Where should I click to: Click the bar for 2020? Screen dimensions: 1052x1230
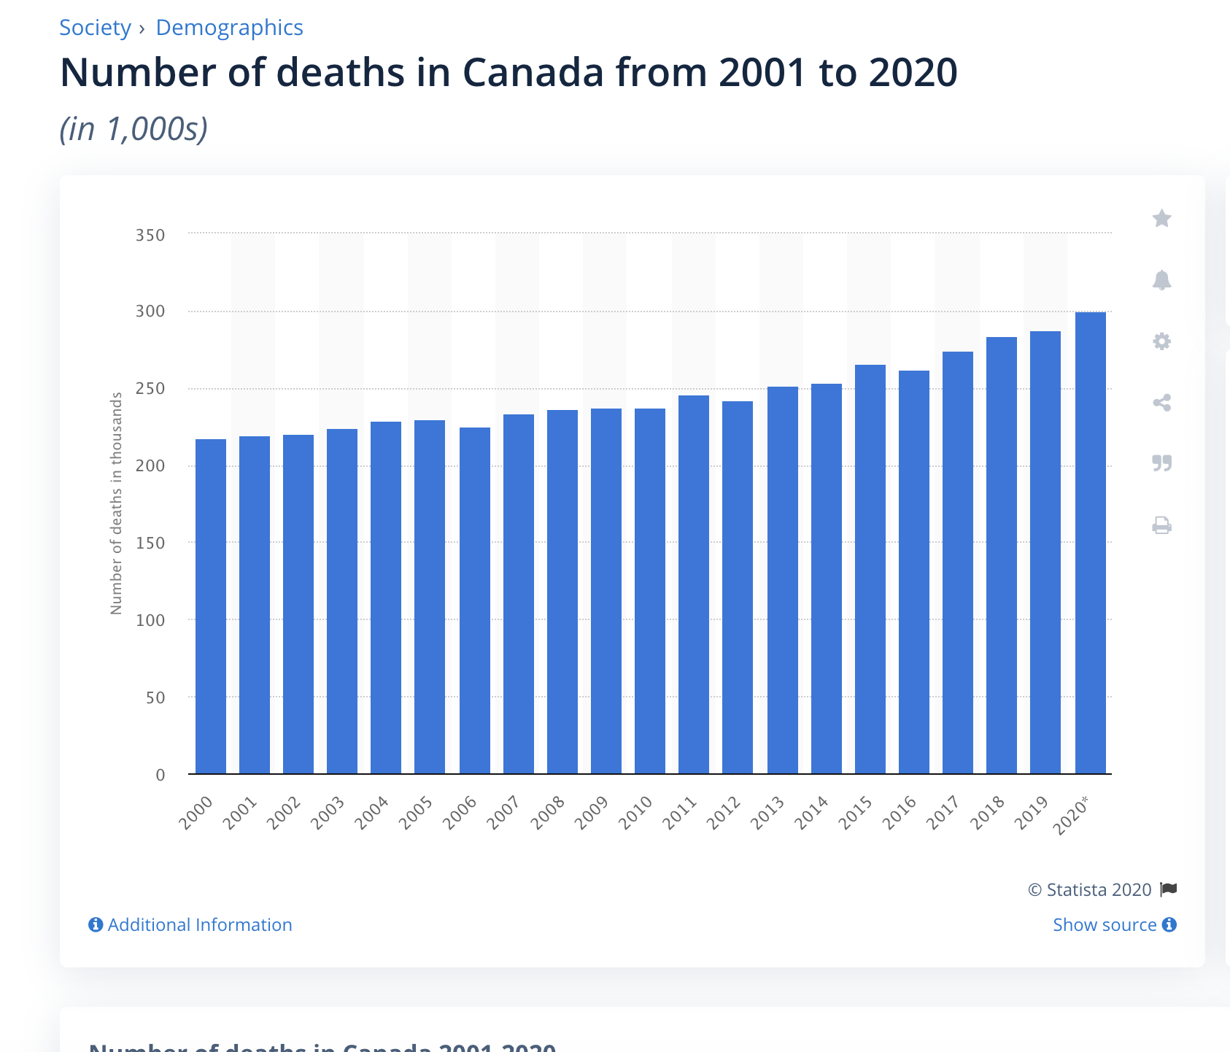(1090, 543)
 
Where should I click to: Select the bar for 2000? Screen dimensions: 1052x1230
(211, 606)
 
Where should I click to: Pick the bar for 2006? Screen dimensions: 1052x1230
(475, 600)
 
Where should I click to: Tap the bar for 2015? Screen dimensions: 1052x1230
(870, 569)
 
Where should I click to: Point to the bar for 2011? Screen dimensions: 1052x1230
(694, 584)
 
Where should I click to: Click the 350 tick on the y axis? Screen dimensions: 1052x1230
(150, 236)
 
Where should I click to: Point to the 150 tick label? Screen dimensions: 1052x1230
(150, 544)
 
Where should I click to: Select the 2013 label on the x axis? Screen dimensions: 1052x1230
(767, 813)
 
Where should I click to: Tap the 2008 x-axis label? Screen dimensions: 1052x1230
(548, 813)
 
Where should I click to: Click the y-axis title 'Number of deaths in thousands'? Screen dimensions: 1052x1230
(116, 503)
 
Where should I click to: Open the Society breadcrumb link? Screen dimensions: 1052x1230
(95, 28)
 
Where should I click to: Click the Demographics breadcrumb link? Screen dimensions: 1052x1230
(229, 28)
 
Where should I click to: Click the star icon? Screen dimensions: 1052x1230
(1161, 218)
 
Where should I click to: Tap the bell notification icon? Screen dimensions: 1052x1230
(1161, 280)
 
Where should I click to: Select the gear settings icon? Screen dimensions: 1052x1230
(1161, 341)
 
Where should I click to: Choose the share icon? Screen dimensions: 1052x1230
(1161, 403)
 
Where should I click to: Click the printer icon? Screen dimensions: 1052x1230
(1161, 525)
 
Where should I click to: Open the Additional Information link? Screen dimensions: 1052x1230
(199, 925)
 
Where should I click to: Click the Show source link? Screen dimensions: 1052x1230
(1105, 925)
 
